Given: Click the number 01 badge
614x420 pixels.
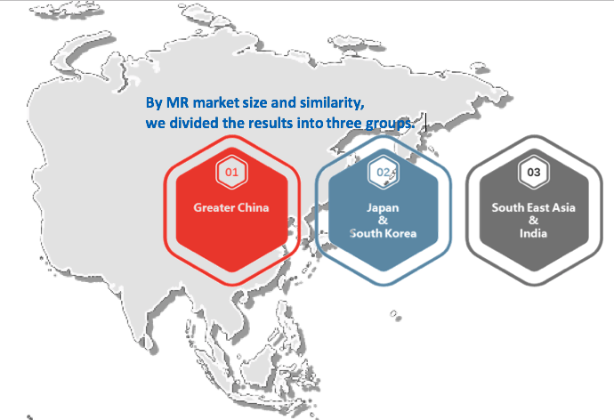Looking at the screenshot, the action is pos(231,173).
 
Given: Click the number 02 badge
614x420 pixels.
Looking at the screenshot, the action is pos(384,173).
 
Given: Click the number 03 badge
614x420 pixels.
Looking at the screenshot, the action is pos(534,173).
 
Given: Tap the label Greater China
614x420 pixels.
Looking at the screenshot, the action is pos(231,207).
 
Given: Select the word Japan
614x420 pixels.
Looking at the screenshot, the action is pos(383,208).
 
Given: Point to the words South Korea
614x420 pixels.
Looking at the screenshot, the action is pos(383,233).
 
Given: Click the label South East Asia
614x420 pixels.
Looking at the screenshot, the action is pos(533,207).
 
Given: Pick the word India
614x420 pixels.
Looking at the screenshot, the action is pos(533,233).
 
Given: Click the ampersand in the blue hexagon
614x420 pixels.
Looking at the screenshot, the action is pos(383,221).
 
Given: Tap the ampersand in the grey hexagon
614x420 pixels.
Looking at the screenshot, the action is pos(533,221).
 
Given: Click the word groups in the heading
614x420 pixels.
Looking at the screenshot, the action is pos(389,124).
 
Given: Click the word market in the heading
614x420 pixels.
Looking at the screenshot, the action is pos(216,102).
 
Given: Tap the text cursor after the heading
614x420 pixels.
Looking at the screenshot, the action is pos(425,122).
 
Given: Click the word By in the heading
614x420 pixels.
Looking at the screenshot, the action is pos(154,103).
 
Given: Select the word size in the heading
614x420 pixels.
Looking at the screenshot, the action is pos(254,102).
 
